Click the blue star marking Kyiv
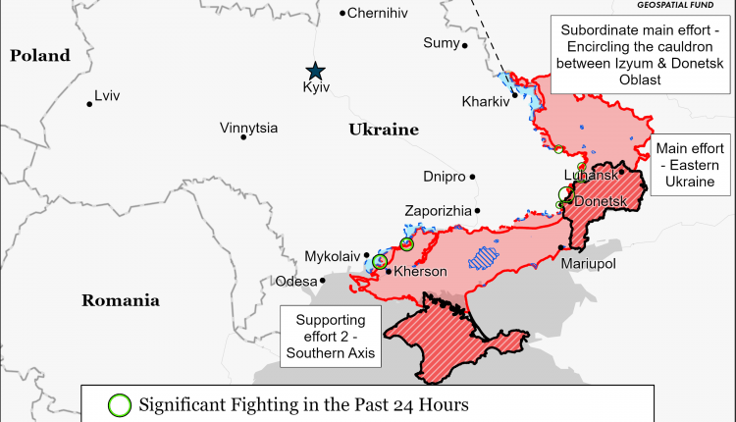pyautogui.click(x=315, y=70)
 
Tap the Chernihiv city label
pyautogui.click(x=378, y=13)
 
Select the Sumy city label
pyautogui.click(x=440, y=42)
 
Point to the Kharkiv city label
pyautogui.click(x=485, y=101)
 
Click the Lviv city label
pyautogui.click(x=106, y=96)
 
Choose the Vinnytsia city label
pyautogui.click(x=248, y=128)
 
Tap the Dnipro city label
pyautogui.click(x=444, y=178)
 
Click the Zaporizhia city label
pyautogui.click(x=438, y=211)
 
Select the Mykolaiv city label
pyautogui.click(x=333, y=256)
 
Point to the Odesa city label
pyautogui.click(x=296, y=281)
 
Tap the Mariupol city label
pyautogui.click(x=588, y=264)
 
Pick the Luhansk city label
pyautogui.click(x=598, y=175)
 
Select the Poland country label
pyautogui.click(x=40, y=56)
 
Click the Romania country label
pyautogui.click(x=121, y=300)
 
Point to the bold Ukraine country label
pyautogui.click(x=384, y=130)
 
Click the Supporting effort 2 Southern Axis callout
pyautogui.click(x=330, y=337)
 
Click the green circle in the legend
pyautogui.click(x=120, y=404)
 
